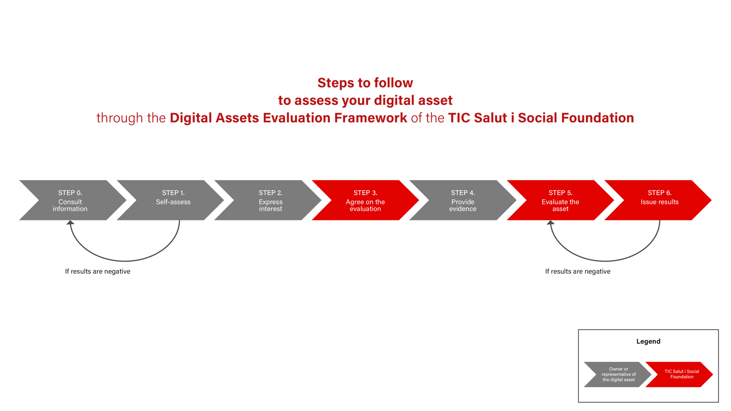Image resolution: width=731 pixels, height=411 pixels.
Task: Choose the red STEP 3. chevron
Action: point(365,200)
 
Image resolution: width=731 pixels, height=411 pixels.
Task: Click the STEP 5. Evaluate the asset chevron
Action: point(561,200)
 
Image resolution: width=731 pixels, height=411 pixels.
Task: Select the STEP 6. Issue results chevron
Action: point(658,200)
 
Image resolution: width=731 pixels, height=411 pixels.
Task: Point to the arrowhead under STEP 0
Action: point(70,222)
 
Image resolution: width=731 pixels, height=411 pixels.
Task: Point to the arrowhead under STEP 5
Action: point(551,222)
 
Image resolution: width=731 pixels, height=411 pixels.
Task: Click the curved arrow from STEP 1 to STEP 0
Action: point(125,261)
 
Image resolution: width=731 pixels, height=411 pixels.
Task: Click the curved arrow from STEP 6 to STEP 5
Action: point(605,261)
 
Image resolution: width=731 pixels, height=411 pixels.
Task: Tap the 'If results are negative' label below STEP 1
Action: point(98,271)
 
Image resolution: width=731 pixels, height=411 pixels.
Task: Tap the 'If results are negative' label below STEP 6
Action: point(578,271)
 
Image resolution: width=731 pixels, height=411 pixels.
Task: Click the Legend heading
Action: point(648,341)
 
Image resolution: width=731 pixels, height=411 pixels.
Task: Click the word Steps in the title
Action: point(336,83)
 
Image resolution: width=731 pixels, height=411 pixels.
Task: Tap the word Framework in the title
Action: point(371,118)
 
